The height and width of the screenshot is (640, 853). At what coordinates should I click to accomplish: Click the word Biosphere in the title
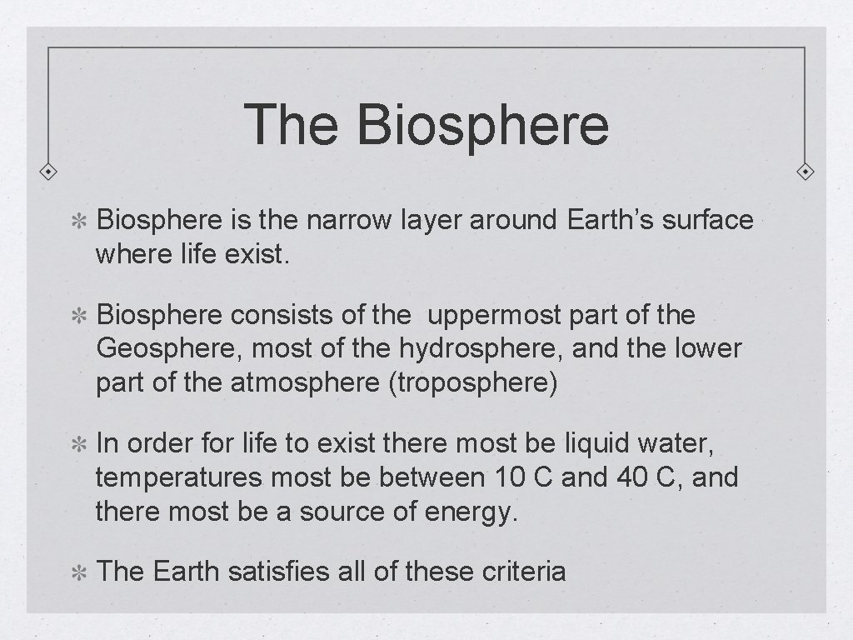pyautogui.click(x=482, y=125)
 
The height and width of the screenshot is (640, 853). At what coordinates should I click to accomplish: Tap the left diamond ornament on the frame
pyautogui.click(x=49, y=172)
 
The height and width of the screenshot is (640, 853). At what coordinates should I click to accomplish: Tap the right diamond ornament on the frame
pyautogui.click(x=805, y=172)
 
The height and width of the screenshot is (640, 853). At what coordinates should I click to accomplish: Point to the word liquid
pyautogui.click(x=601, y=443)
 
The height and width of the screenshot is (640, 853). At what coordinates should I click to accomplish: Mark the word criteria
pyautogui.click(x=524, y=572)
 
